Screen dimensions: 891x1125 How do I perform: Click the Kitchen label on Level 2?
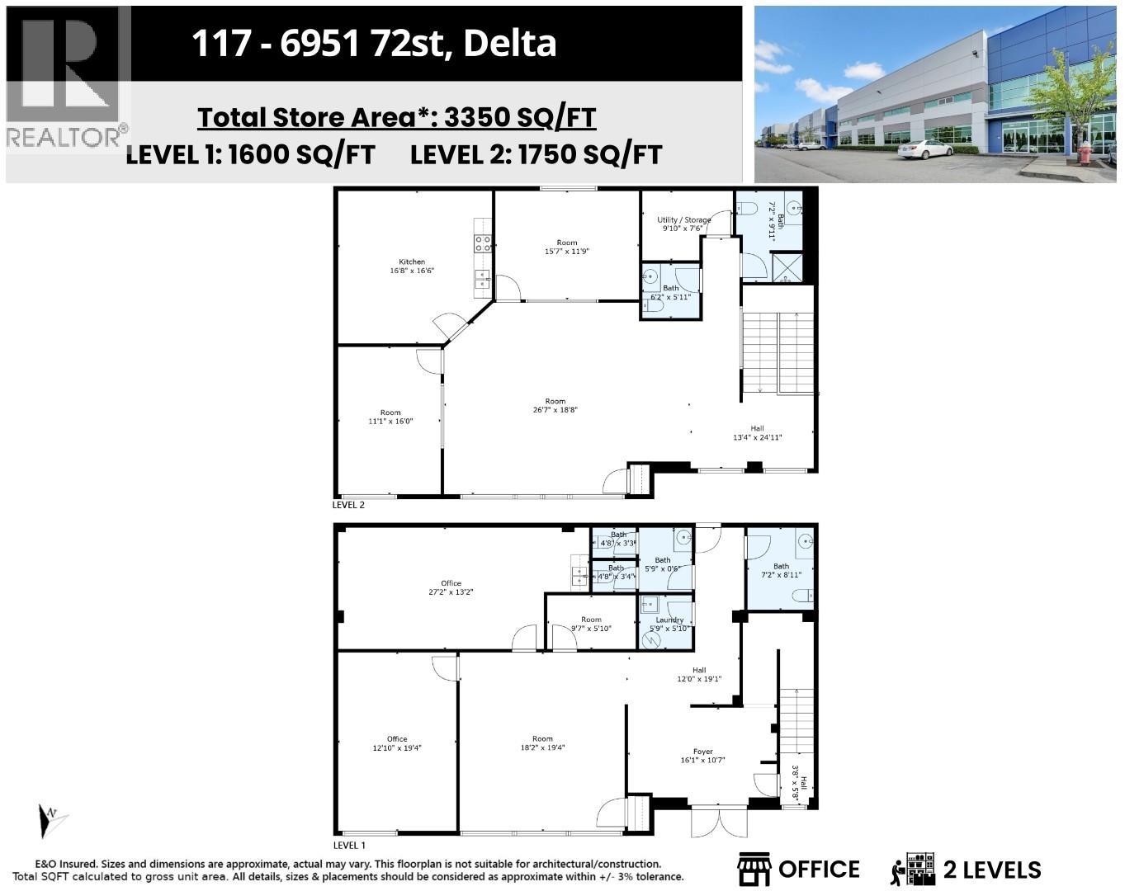pyautogui.click(x=412, y=266)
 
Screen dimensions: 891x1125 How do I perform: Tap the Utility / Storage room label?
pyautogui.click(x=683, y=224)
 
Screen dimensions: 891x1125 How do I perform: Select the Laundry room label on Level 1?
pyautogui.click(x=669, y=624)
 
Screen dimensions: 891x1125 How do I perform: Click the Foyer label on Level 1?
pyautogui.click(x=702, y=756)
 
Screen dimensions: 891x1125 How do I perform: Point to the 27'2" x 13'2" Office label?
pyautogui.click(x=451, y=587)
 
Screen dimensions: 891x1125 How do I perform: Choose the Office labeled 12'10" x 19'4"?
pyautogui.click(x=397, y=743)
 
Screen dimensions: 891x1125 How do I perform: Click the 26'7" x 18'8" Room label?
pyautogui.click(x=555, y=405)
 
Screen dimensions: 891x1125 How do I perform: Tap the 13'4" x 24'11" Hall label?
pyautogui.click(x=757, y=433)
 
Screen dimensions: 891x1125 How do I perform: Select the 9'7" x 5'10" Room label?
pyautogui.click(x=591, y=624)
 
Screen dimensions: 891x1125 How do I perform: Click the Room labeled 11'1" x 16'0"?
pyautogui.click(x=390, y=417)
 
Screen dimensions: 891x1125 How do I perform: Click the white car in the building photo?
pyautogui.click(x=924, y=148)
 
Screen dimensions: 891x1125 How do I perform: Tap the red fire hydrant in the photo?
pyautogui.click(x=1085, y=153)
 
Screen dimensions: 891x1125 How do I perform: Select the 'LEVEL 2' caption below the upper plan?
pyautogui.click(x=348, y=505)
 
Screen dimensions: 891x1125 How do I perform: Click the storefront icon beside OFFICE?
pyautogui.click(x=754, y=870)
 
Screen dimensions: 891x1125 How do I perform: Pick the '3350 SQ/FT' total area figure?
pyautogui.click(x=520, y=118)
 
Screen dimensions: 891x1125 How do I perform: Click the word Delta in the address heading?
pyautogui.click(x=509, y=43)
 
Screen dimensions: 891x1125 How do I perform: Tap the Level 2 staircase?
pyautogui.click(x=778, y=353)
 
